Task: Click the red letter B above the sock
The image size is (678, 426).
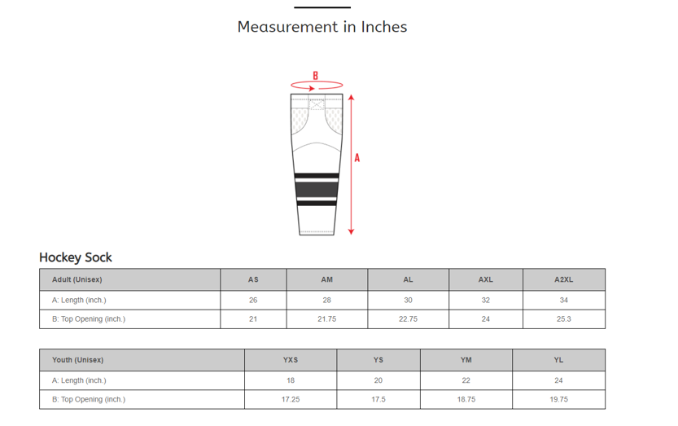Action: tap(316, 76)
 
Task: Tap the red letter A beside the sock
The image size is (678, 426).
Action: tap(357, 158)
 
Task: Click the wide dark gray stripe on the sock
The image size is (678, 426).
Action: tap(317, 190)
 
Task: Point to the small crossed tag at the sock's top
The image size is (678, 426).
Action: tap(317, 104)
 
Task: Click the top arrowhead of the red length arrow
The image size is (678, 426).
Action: tap(351, 98)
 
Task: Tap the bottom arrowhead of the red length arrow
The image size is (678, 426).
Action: tap(351, 231)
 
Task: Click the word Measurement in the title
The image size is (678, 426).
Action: tap(287, 27)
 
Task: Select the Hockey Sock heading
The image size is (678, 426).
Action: tap(76, 257)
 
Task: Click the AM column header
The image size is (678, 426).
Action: tap(327, 279)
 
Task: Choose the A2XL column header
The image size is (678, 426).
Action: tap(564, 279)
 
